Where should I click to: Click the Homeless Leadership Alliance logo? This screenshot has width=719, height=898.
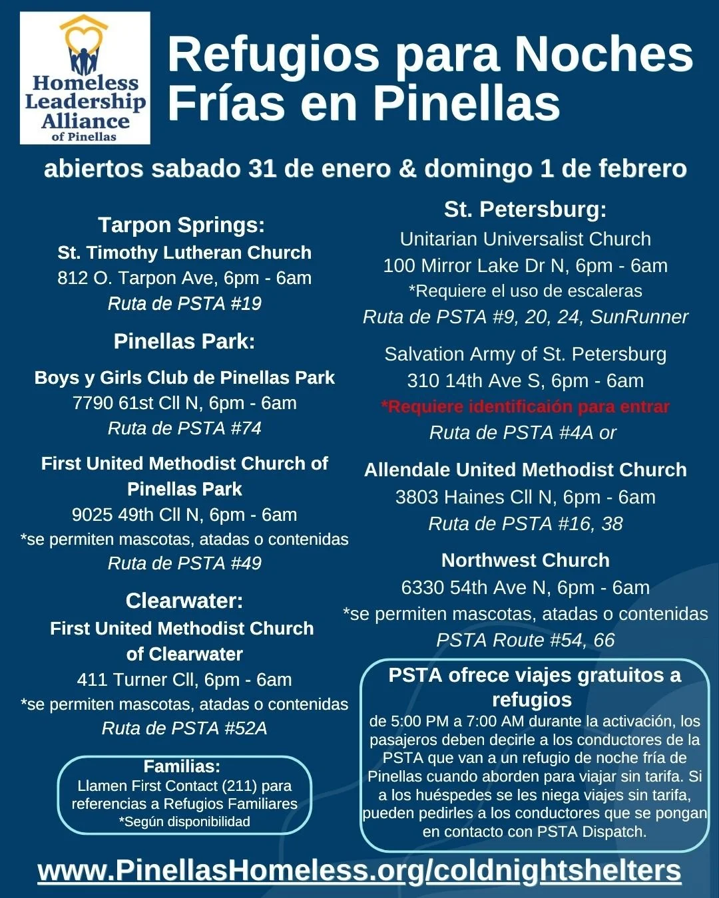point(85,78)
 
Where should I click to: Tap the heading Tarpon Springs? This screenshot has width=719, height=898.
point(181,225)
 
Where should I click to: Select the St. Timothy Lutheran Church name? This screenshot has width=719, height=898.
point(184,253)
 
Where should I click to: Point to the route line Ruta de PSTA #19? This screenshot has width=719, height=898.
point(184,303)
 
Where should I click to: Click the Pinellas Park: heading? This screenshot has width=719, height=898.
point(184,341)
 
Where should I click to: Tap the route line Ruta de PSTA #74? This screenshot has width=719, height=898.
point(184,428)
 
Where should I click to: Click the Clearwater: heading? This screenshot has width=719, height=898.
point(184,601)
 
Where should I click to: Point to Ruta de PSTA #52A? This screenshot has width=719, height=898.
point(184,728)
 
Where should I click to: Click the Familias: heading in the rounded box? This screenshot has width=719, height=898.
point(182,766)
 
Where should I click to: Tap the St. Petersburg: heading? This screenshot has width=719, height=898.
point(525,210)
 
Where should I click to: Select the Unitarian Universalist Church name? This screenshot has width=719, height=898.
point(525,239)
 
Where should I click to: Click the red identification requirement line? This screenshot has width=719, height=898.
point(525,406)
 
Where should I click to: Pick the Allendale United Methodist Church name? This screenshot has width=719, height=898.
point(525,470)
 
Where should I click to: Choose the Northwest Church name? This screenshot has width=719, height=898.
point(525,560)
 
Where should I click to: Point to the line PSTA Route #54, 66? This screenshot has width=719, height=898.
point(525,640)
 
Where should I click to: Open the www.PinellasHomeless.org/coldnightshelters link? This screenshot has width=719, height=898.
point(359,871)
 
